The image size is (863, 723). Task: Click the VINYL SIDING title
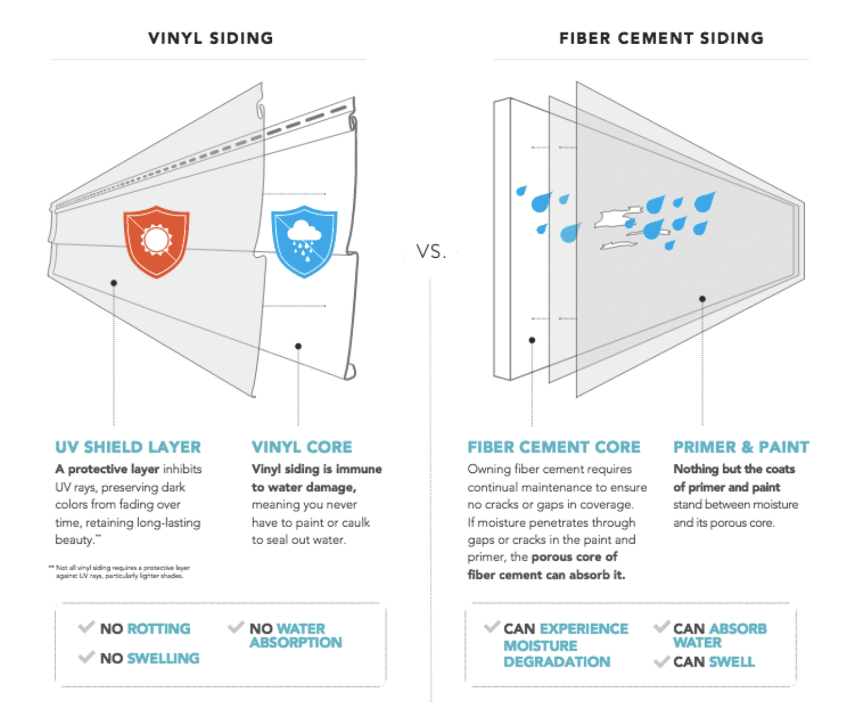pos(210,38)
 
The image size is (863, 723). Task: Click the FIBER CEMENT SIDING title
pos(661,38)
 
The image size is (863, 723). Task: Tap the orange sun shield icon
pos(156,241)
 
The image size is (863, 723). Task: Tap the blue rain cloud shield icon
pos(304,241)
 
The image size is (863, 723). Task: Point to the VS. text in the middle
pos(431,252)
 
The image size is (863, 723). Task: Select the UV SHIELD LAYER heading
pos(128,447)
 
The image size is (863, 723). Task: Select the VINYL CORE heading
pos(302,447)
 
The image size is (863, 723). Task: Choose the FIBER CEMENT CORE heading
pos(554,447)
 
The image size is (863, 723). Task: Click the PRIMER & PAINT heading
pos(741,447)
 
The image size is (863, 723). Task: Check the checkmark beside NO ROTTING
pos(86,627)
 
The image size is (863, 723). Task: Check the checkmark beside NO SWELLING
pos(86,656)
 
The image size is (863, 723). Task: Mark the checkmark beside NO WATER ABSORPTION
pos(236,627)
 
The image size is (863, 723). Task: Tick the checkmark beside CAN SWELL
pos(661,661)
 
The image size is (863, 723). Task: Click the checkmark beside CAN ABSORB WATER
pos(662,626)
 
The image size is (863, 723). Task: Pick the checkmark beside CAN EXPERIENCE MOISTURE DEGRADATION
pos(492,627)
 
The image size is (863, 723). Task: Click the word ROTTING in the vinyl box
pos(159,629)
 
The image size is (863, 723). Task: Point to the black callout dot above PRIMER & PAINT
pos(702,299)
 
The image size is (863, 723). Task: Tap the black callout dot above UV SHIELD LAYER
pos(114,283)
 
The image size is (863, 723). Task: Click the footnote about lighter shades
pos(120,571)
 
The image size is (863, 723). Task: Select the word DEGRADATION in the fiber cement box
pos(556,662)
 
